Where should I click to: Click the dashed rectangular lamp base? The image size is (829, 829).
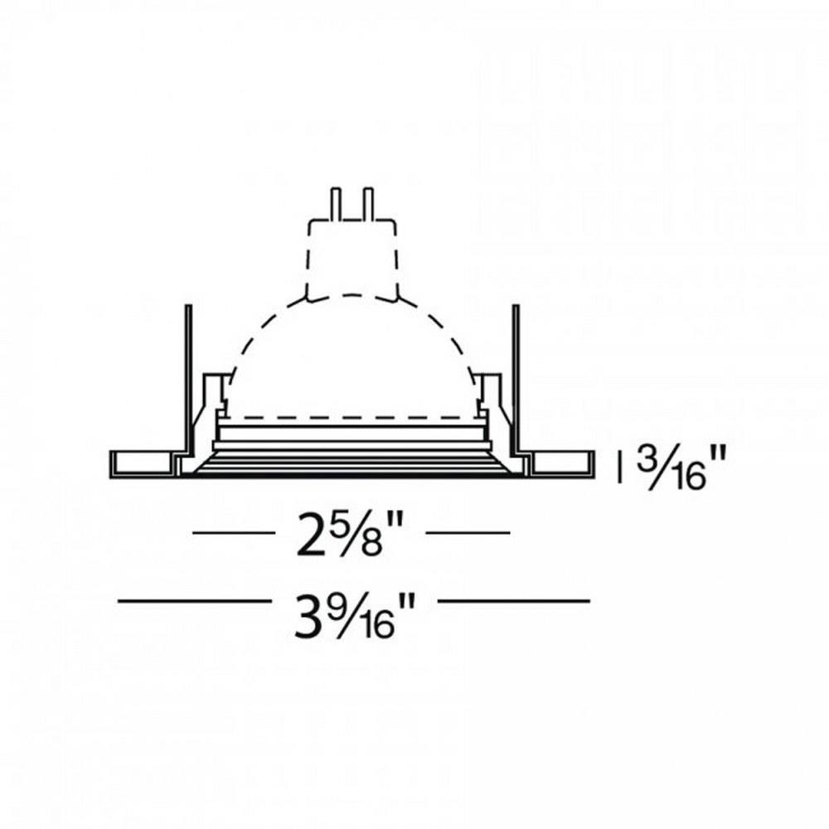pos(352,257)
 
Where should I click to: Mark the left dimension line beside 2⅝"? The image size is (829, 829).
pos(234,533)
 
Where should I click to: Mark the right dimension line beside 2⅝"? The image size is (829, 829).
pos(468,533)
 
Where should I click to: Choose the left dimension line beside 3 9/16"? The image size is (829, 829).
pos(192,601)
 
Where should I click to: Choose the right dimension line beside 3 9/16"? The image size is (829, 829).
pos(513,601)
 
